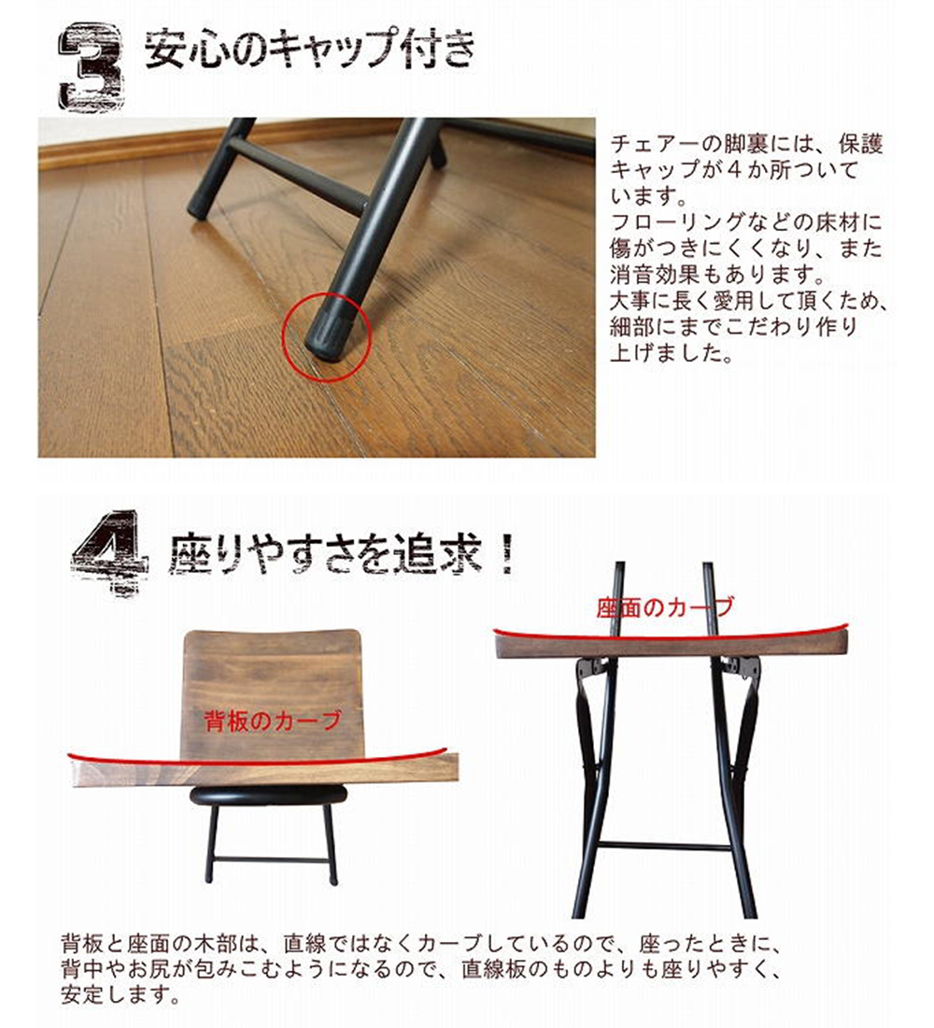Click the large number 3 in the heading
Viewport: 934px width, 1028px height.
[91, 67]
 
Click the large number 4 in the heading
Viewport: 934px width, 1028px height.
[109, 553]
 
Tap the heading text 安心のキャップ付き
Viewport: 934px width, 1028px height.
[309, 52]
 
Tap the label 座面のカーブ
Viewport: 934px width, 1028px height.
[664, 607]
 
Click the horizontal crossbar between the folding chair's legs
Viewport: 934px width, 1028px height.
[664, 847]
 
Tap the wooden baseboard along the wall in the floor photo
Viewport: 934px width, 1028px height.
[187, 144]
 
